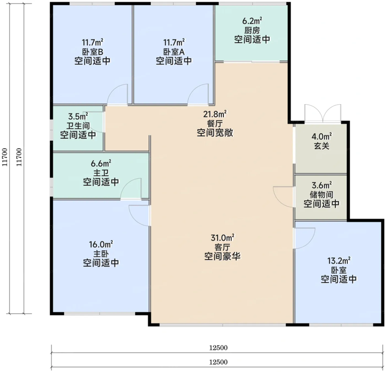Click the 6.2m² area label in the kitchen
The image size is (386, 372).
coord(252,21)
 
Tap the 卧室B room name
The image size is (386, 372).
coord(93,52)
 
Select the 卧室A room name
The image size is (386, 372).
coord(174,52)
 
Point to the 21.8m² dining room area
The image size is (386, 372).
coord(215,114)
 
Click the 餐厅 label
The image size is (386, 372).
coord(215,123)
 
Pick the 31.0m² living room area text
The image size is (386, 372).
coord(222,238)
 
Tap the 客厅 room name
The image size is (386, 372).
coord(222,247)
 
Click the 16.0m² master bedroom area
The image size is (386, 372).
coord(101,245)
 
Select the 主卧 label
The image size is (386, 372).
coord(101,254)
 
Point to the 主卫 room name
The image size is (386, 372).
coord(101,173)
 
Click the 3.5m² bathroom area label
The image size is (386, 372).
coord(78,116)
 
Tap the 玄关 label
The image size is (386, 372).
coord(321,146)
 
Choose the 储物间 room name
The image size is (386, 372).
coord(321,194)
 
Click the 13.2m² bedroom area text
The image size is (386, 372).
coord(339,260)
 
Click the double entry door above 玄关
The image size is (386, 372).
coord(323,114)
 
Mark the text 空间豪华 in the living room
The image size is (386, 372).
coord(222,257)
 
